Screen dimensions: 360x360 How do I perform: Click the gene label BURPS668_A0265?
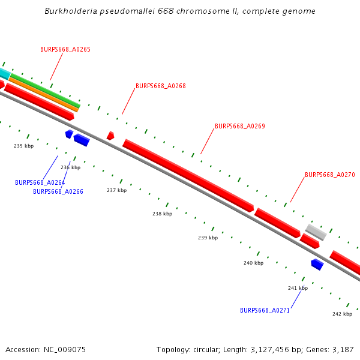tap(65, 49)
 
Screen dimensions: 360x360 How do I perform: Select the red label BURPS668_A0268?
tap(160, 86)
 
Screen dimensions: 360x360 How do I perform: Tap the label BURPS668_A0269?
tap(239, 126)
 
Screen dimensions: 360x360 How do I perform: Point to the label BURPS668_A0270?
tap(329, 175)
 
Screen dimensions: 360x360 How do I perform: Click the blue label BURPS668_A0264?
tap(40, 182)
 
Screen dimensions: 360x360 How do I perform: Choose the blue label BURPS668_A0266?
tap(58, 191)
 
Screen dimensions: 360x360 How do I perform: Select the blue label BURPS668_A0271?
tap(265, 310)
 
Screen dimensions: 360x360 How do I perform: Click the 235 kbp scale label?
tap(24, 146)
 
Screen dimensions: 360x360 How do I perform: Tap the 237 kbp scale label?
tap(117, 190)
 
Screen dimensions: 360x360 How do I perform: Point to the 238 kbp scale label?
tap(162, 214)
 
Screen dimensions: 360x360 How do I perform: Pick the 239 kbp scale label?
tap(208, 238)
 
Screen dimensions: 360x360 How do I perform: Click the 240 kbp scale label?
tap(253, 263)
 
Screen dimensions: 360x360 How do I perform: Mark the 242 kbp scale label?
tap(342, 314)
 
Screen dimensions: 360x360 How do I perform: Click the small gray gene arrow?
tap(316, 232)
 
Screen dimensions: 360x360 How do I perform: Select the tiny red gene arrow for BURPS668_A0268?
tap(110, 136)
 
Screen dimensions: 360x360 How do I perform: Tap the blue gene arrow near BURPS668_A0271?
tap(317, 264)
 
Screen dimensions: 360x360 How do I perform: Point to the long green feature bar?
tap(45, 91)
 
